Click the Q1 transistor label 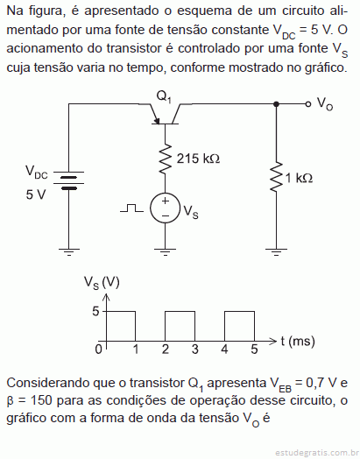(164, 96)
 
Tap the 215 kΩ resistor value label (198, 159)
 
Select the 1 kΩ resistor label (299, 178)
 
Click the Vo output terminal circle (307, 104)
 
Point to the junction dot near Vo (276, 104)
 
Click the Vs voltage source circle (165, 208)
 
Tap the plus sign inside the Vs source (166, 201)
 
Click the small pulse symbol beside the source (131, 208)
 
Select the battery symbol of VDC (69, 181)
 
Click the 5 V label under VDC (36, 194)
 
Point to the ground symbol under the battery (69, 252)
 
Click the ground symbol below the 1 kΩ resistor (276, 252)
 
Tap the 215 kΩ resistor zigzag (165, 158)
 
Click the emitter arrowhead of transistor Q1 (157, 121)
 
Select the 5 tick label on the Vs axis (96, 311)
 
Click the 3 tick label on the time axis (195, 349)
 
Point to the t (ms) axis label (298, 342)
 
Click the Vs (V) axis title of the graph (102, 282)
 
